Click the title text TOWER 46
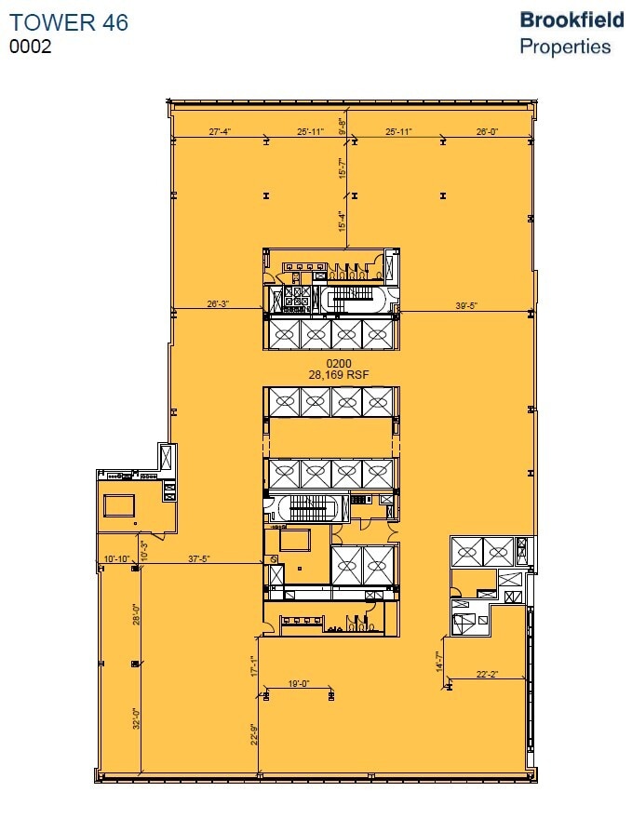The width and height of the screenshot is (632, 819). coord(70,23)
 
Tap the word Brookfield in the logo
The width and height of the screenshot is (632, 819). coord(571,20)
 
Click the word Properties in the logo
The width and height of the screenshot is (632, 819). coord(565,46)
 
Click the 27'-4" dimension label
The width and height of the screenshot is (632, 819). coord(226,132)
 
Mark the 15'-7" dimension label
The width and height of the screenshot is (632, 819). coord(343,168)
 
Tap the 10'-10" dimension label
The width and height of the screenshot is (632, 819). coord(117,559)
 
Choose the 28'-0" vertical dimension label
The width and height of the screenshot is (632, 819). coord(136,615)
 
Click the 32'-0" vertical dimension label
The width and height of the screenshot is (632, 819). coord(136,719)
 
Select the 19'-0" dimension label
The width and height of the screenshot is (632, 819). coord(298,684)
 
